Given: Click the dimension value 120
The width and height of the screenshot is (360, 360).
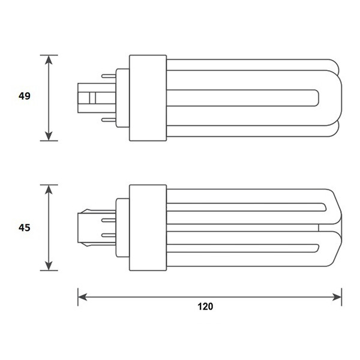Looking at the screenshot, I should (x=205, y=306).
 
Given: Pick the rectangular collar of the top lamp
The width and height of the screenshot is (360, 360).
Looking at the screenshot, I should (x=147, y=97).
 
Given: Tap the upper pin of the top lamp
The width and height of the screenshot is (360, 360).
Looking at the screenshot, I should (x=109, y=76).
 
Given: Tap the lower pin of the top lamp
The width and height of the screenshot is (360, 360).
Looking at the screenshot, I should (x=109, y=119).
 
